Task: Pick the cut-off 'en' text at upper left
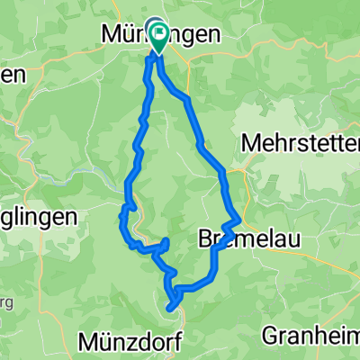(x=11, y=76)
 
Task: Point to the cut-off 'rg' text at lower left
(x=4, y=301)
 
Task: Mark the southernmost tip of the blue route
(x=170, y=309)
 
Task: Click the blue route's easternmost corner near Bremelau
(x=240, y=219)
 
